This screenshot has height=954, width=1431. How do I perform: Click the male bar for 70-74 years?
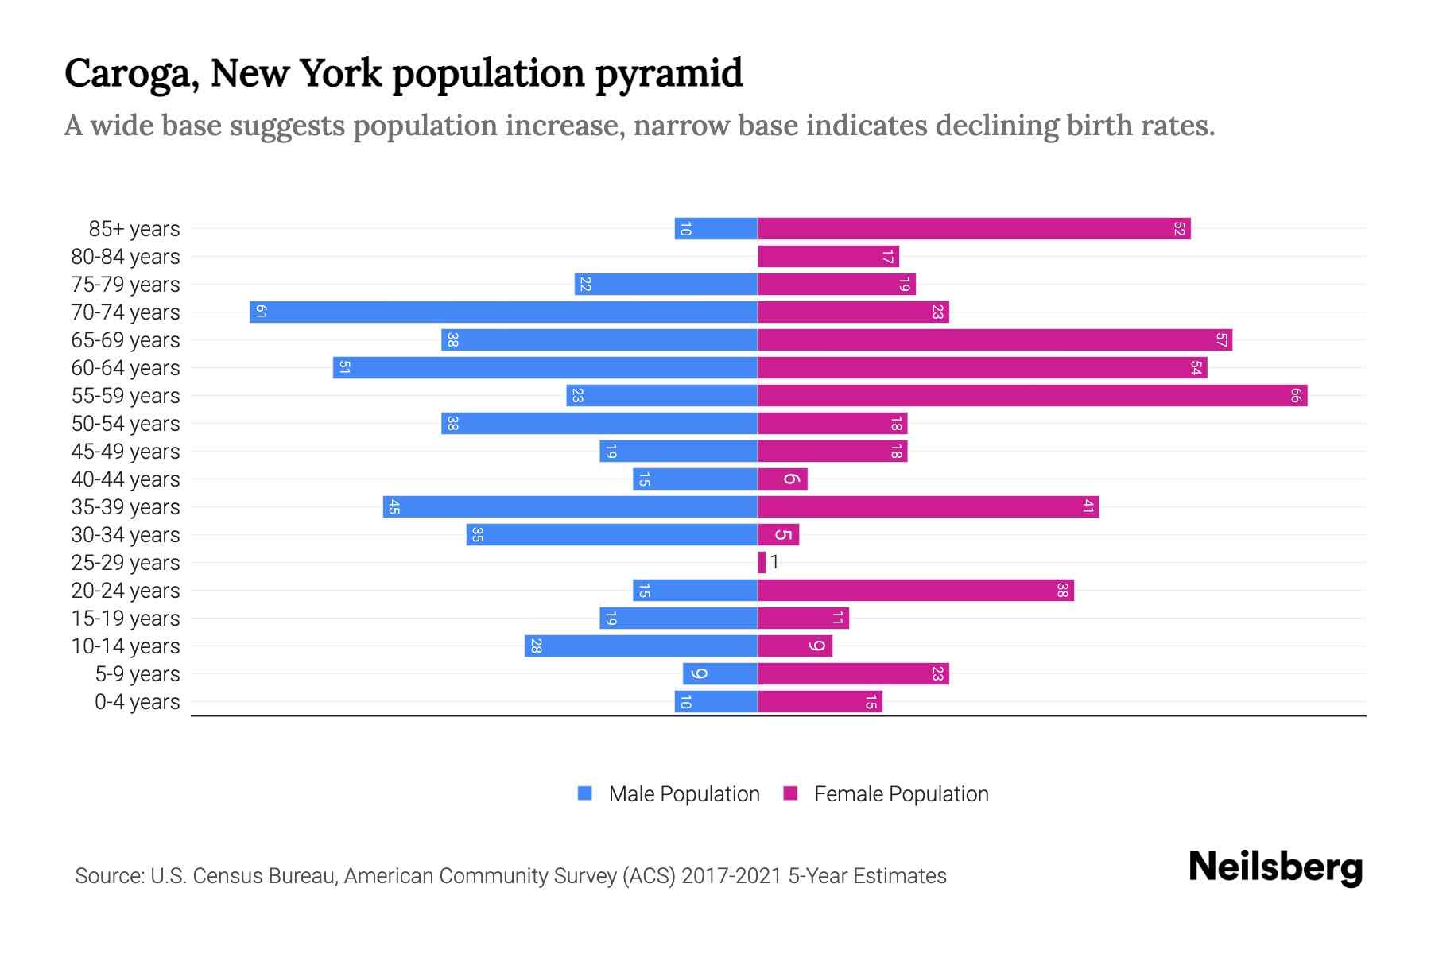(503, 312)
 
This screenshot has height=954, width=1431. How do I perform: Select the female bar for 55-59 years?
(1032, 395)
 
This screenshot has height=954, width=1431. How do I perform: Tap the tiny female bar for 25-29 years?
(762, 562)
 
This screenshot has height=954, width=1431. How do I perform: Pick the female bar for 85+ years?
(974, 228)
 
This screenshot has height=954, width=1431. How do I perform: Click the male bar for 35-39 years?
(570, 506)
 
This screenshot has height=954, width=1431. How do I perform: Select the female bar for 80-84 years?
(828, 256)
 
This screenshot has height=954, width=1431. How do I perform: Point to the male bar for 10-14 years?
(641, 646)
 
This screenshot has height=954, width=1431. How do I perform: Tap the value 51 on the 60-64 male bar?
(344, 367)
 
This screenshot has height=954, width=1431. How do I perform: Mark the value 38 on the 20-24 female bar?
(1062, 590)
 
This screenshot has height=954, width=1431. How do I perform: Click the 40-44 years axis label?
(126, 479)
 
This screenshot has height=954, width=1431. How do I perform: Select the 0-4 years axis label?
(137, 702)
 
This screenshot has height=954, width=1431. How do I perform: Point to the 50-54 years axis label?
(126, 424)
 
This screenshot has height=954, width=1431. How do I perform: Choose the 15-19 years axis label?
(126, 619)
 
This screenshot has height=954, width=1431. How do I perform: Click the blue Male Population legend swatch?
(585, 793)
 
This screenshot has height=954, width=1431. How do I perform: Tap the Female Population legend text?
(901, 794)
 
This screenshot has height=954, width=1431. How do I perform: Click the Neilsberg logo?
(1275, 867)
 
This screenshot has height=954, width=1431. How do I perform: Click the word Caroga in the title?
(131, 74)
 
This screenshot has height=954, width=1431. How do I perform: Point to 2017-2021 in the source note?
(731, 876)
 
